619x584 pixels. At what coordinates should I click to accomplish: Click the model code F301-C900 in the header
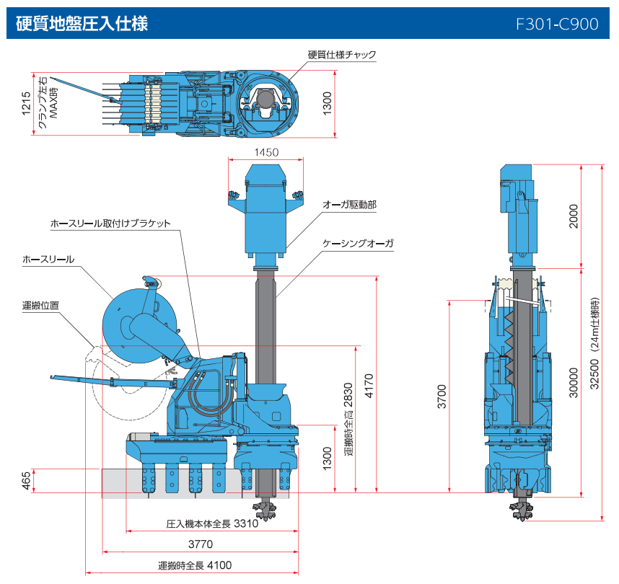557,24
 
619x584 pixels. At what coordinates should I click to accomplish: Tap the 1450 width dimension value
266,153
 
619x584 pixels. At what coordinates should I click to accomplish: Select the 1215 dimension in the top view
27,104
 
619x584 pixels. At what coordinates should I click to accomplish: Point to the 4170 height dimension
369,397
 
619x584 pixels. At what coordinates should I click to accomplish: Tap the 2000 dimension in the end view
574,216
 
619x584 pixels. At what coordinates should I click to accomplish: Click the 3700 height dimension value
442,397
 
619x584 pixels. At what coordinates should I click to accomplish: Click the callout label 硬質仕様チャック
341,55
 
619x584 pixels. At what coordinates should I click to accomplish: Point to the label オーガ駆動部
349,205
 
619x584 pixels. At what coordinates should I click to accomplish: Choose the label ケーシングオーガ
358,244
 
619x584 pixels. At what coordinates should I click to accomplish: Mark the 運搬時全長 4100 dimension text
195,565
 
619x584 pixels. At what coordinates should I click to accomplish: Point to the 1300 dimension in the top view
326,104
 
